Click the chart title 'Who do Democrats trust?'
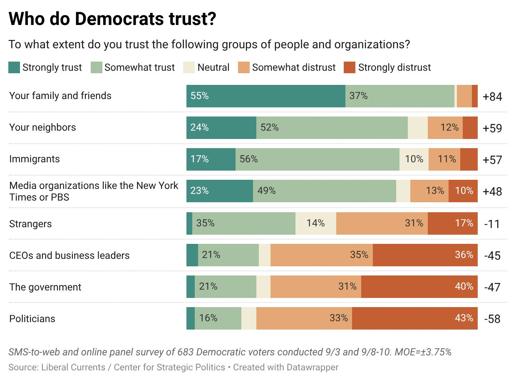click(112, 19)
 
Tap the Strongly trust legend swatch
click(14, 67)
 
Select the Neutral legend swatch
click(189, 67)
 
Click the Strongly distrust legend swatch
click(350, 67)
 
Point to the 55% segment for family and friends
click(265, 96)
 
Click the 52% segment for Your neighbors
click(332, 128)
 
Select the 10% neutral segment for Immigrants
click(414, 159)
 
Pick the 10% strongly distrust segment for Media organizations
click(463, 191)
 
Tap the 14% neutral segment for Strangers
click(316, 223)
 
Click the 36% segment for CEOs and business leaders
click(425, 255)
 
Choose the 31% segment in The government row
click(316, 287)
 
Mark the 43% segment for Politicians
click(415, 318)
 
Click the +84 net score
click(492, 97)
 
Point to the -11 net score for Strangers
click(492, 224)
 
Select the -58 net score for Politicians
click(492, 319)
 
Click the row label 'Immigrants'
click(35, 159)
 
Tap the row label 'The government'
click(45, 287)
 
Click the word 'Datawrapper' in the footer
click(313, 367)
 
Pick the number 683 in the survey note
click(186, 352)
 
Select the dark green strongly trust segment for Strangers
click(189, 223)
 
